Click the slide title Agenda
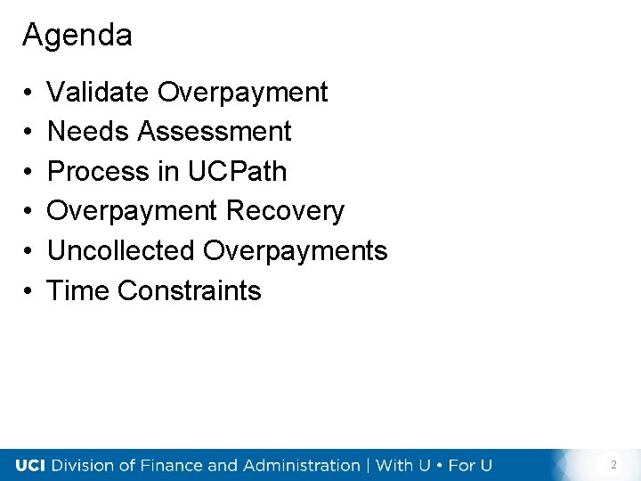pos(77,36)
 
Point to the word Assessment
pos(215,132)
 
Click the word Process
pos(98,171)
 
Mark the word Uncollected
pos(121,251)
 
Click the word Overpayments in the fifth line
pos(295,251)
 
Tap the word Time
pos(78,290)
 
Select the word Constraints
pos(190,290)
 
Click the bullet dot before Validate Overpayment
pos(29,93)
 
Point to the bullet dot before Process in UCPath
pos(29,172)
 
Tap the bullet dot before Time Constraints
pos(29,291)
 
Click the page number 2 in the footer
pos(613,465)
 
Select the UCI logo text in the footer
pos(32,465)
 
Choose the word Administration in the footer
pos(298,465)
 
